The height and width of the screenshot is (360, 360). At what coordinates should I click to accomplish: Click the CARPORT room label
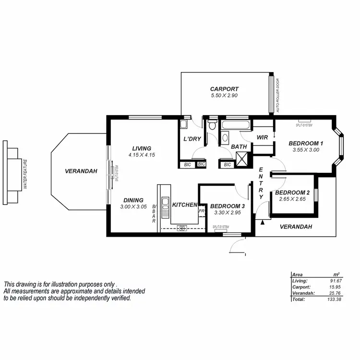point(224,89)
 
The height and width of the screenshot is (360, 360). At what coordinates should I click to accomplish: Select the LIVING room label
point(141,148)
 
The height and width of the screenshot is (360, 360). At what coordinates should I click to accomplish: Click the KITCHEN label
point(184,205)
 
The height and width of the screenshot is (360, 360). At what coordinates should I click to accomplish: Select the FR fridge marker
point(202,211)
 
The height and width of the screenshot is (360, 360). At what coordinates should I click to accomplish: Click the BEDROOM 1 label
point(306,143)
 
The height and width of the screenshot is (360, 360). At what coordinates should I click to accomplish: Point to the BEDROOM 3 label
point(228,206)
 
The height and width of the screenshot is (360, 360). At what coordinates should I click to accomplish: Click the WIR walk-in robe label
point(262,137)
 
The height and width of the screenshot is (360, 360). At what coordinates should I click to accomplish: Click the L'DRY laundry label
point(192,139)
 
